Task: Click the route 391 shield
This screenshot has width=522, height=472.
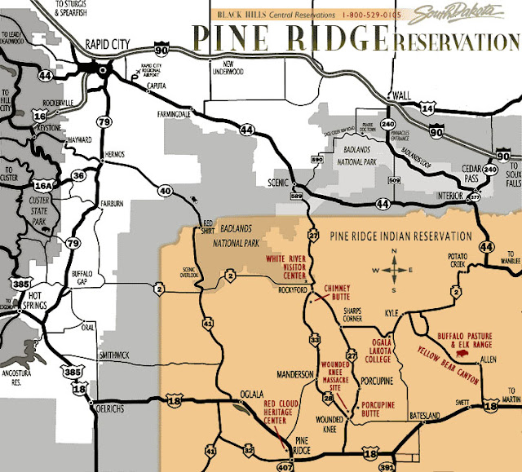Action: pos(384,465)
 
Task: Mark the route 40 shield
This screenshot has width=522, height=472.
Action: pos(166,191)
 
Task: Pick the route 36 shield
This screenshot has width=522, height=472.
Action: pos(78,174)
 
